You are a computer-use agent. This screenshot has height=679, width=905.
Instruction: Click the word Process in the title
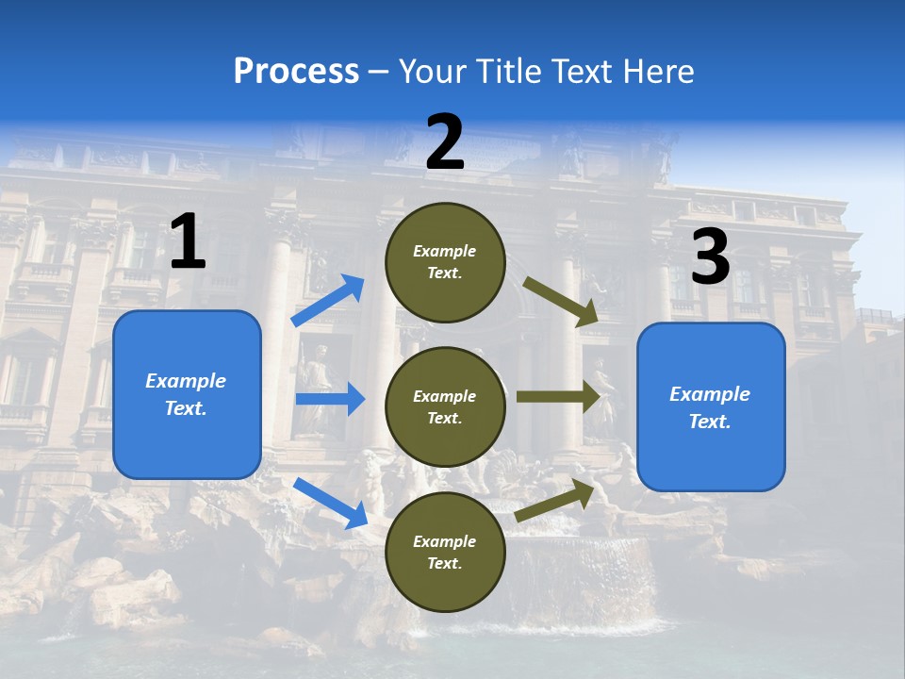pos(296,72)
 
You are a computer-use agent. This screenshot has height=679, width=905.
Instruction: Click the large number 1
pos(188,242)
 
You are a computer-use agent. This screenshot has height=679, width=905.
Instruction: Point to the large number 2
pos(445,142)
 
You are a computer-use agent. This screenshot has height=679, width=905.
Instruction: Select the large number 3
pos(710,257)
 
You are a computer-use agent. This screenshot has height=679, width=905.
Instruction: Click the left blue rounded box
pos(187,394)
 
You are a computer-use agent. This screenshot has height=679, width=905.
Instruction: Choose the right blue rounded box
pos(711,407)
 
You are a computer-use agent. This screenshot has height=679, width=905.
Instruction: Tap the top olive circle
pos(445,262)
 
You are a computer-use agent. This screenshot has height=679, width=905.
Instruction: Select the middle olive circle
pos(445,406)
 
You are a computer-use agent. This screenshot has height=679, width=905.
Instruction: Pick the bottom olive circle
pos(445,552)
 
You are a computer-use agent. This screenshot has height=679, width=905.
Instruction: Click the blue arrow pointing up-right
pos(328,301)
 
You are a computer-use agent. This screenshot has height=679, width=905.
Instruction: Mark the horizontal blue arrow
pos(330,399)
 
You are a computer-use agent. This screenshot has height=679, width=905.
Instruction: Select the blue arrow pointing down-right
pos(330,503)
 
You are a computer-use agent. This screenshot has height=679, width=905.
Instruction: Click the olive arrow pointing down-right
pos(561,301)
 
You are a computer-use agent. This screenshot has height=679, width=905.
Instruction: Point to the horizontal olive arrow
pos(558,396)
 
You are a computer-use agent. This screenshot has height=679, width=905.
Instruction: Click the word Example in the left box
pos(186,381)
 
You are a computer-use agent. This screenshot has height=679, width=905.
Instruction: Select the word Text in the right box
pos(709,422)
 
